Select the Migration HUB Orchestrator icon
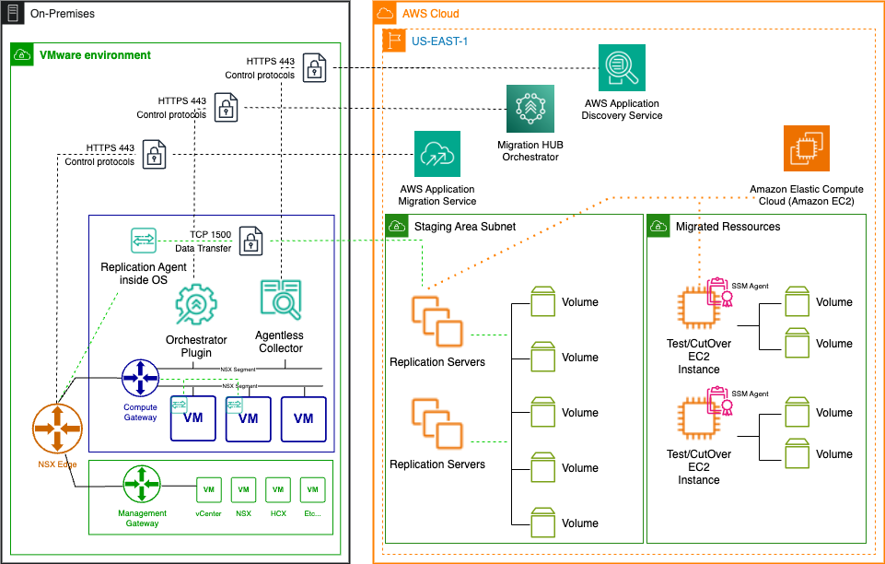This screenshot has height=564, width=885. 530,109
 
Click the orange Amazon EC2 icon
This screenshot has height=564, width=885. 806,147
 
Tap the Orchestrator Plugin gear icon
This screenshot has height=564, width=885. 195,305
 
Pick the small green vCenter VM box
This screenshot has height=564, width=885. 208,489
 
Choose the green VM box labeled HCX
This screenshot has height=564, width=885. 278,489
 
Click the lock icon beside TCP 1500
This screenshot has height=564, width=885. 250,242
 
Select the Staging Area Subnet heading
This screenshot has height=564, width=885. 465,226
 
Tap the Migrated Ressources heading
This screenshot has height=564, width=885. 728,226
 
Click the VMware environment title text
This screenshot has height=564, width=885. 95,55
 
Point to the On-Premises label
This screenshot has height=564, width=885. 62,14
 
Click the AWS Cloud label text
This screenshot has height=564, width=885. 430,14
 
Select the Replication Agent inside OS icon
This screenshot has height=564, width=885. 144,240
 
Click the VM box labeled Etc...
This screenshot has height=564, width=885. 313,489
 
